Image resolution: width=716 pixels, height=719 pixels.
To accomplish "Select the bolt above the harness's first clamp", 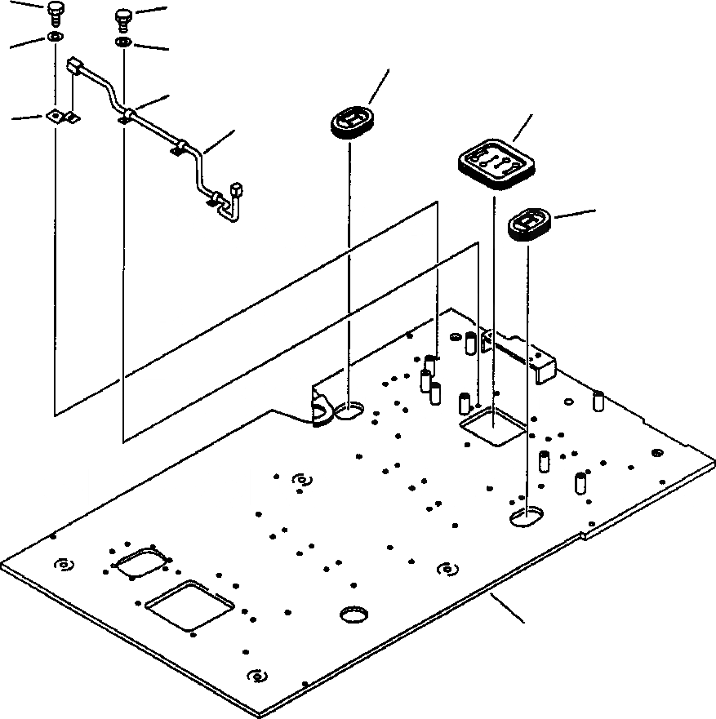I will [x=123, y=17].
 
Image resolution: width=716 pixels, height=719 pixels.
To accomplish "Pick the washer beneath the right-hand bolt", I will [x=123, y=42].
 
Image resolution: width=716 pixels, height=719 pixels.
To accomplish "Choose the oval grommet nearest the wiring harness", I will [x=351, y=122].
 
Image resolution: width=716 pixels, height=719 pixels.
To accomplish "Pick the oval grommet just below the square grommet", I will [x=529, y=224].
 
